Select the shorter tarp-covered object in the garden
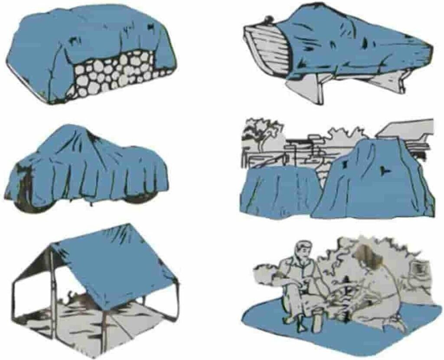[x=277, y=191]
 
